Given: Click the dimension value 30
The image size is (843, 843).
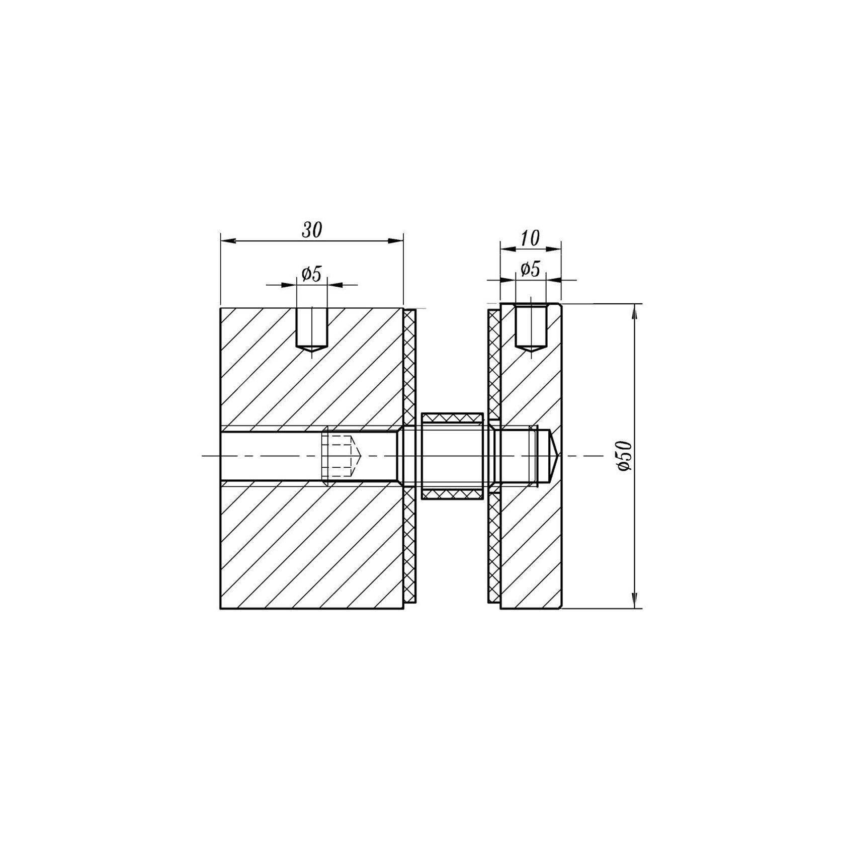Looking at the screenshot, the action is [x=311, y=230].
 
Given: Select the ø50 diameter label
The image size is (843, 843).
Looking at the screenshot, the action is [x=624, y=456].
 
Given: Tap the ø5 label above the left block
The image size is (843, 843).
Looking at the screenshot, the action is [x=311, y=274].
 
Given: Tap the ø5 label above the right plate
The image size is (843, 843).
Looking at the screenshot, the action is [x=530, y=269].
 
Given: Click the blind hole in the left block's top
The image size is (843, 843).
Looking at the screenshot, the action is [x=312, y=329].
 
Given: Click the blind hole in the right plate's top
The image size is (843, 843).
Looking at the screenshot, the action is [x=531, y=327].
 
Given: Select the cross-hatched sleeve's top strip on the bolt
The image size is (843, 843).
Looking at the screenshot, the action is [x=453, y=417].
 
